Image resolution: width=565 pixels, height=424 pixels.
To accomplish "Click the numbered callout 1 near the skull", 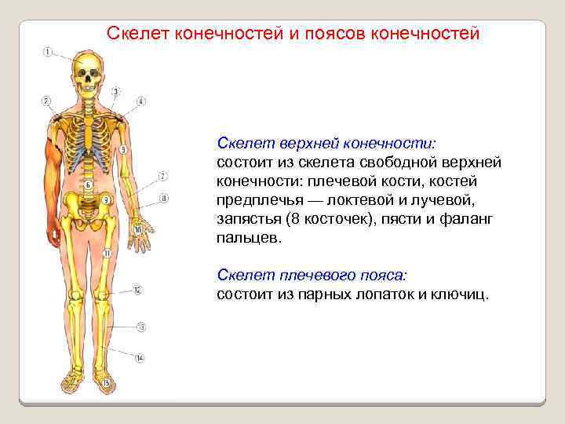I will point(48,53).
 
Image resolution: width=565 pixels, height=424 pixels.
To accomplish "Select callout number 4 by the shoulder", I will point(140,101).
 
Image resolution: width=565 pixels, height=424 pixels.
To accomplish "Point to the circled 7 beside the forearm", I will point(162,176).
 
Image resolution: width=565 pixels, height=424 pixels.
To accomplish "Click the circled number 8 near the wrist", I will point(163,199).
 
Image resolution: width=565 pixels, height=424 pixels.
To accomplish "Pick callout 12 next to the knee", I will point(137,291).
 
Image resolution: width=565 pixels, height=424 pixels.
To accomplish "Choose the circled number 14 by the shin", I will point(140,358).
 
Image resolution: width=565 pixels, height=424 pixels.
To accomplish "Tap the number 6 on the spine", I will point(88,185).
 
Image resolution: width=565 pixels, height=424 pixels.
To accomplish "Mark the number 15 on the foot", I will point(107,382).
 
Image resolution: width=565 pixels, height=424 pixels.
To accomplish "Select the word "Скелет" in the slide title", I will point(137,35).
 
